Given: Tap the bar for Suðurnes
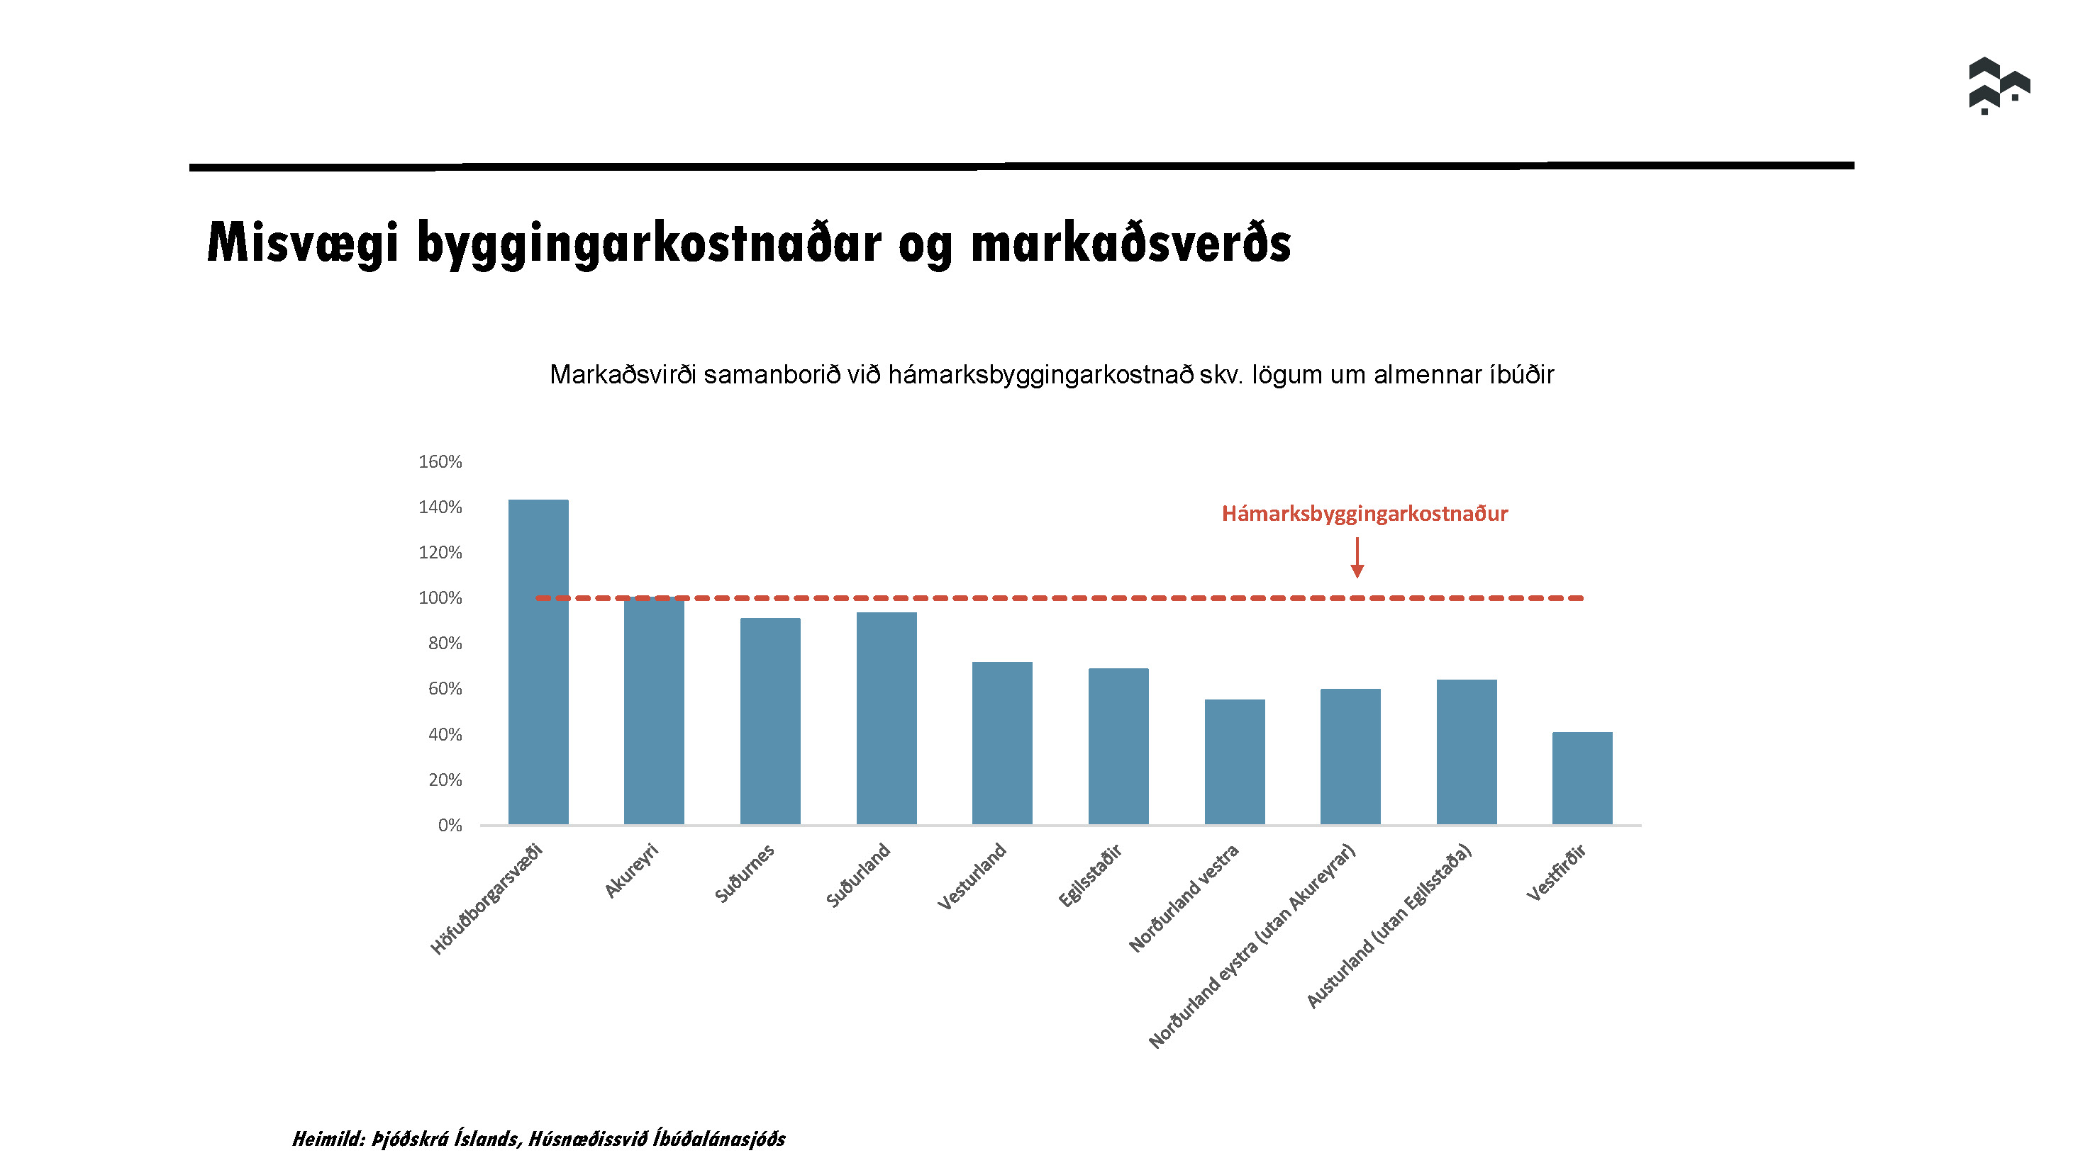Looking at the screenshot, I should tap(770, 721).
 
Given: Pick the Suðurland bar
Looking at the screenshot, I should tap(886, 719).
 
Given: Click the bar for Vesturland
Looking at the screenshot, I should tap(1002, 743).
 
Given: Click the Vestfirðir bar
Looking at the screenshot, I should tap(1582, 777).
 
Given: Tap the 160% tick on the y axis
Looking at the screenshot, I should tap(440, 461).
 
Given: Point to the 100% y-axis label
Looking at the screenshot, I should tap(440, 597).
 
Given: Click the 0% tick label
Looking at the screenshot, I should tap(450, 825).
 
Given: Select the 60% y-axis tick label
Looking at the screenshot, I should tap(445, 688).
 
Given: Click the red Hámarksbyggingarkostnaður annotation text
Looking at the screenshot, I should tap(1364, 513).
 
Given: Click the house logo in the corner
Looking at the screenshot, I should tap(1999, 85).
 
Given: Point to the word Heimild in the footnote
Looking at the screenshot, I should tap(328, 1139).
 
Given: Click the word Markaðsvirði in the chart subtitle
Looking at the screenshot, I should tap(622, 375).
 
